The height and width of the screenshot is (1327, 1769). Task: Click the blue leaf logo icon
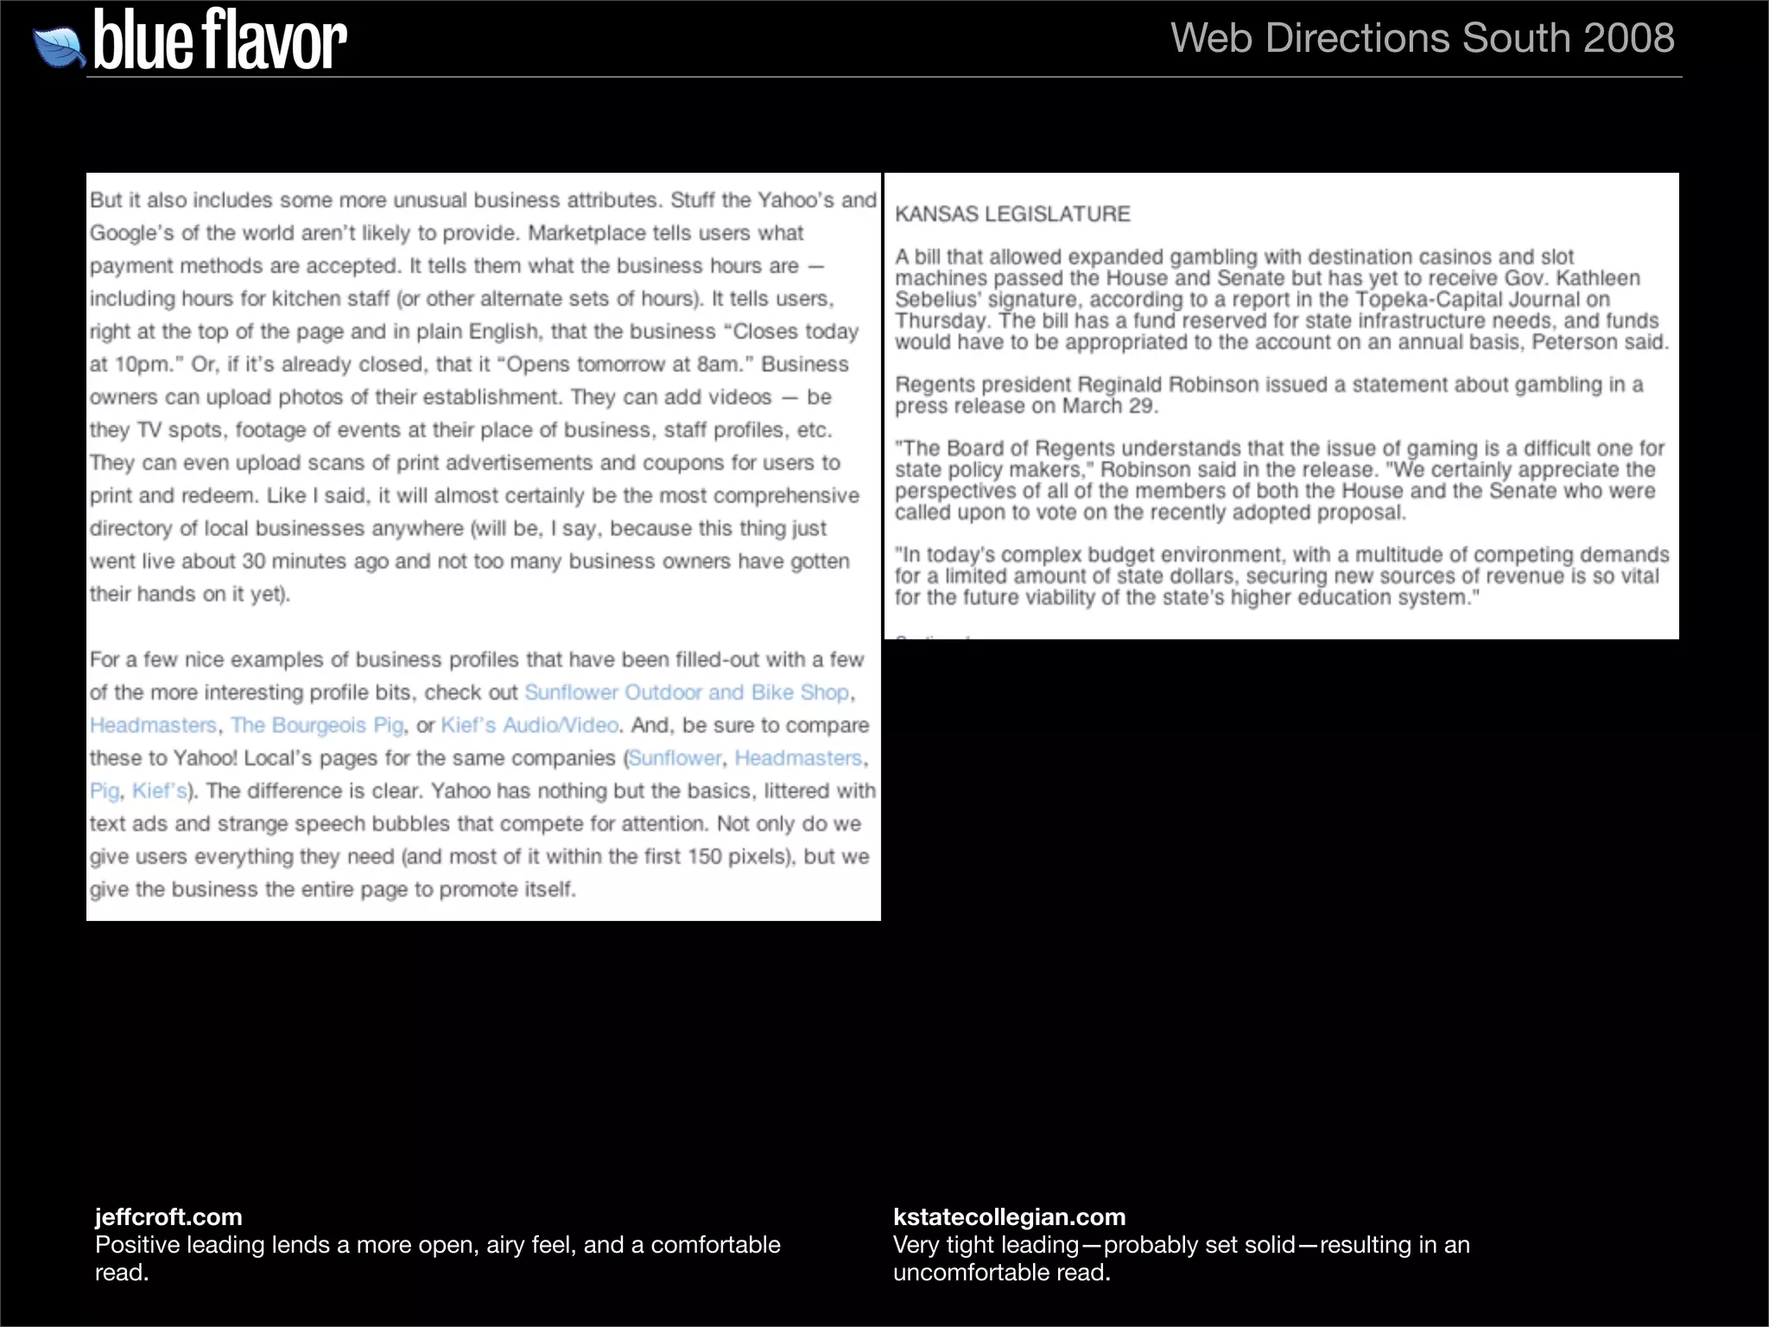tap(59, 47)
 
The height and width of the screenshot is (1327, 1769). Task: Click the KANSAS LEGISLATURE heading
tap(1011, 214)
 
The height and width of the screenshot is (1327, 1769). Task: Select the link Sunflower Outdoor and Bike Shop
tap(687, 693)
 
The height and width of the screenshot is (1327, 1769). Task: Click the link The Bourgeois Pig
tap(317, 726)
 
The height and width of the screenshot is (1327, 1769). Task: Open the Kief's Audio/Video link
tap(529, 726)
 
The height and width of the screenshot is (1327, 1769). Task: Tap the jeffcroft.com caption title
tap(168, 1216)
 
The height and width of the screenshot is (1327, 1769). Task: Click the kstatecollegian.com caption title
tap(1009, 1216)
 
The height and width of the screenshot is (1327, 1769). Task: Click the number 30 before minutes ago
tap(253, 562)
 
